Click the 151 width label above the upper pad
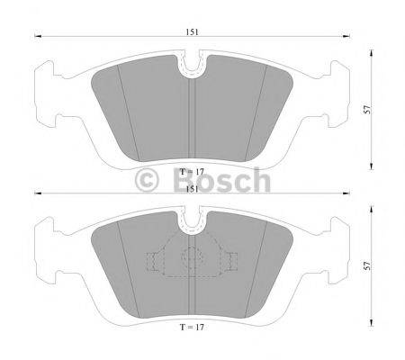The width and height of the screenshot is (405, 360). point(193,31)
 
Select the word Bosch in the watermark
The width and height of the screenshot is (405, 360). point(219,181)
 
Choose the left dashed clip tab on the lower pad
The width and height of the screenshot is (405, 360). point(154,262)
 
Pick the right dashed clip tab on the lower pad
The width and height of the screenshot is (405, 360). point(231,262)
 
